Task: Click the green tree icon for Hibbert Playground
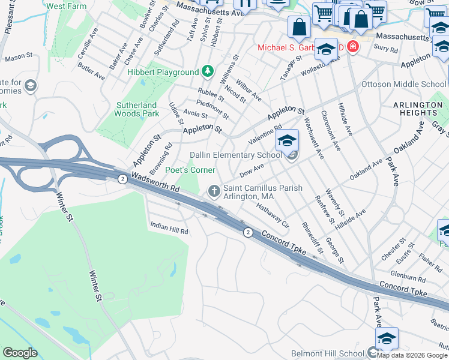click(x=208, y=72)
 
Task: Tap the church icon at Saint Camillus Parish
click(x=213, y=191)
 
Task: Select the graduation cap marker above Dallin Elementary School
click(x=288, y=141)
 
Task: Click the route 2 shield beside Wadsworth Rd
click(x=122, y=179)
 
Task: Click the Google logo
click(x=20, y=353)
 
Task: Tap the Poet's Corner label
click(x=190, y=170)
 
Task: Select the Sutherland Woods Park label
click(x=137, y=109)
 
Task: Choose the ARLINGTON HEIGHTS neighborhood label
click(x=417, y=109)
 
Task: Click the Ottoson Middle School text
click(x=404, y=84)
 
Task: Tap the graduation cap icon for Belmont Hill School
click(x=387, y=338)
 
